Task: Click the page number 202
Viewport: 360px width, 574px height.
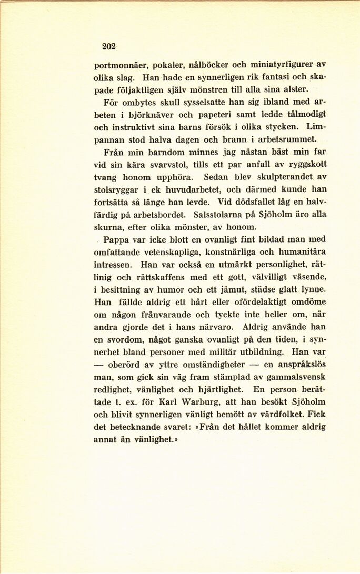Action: tap(108, 46)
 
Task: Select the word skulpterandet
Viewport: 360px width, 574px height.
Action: tap(278, 177)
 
